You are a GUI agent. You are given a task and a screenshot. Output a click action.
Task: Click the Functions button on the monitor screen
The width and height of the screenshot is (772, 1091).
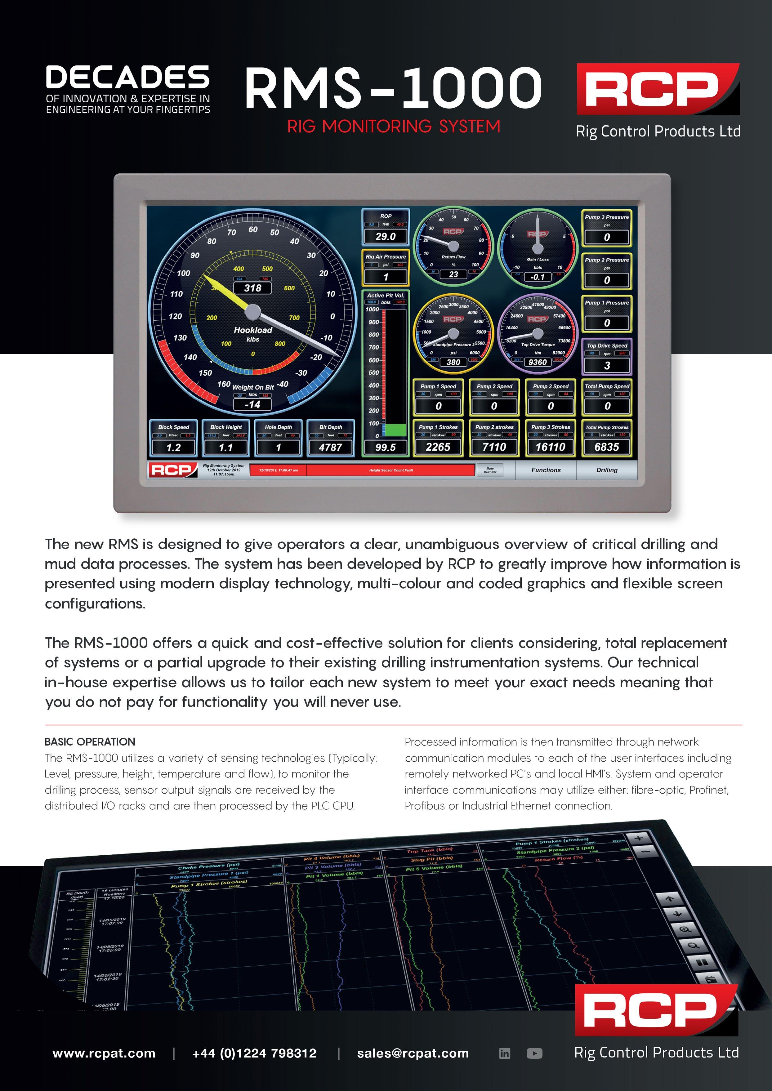pyautogui.click(x=546, y=470)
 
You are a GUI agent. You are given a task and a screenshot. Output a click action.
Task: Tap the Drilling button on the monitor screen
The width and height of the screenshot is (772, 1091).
pyautogui.click(x=607, y=470)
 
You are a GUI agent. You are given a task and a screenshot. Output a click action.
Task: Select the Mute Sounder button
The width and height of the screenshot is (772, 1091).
pyautogui.click(x=490, y=470)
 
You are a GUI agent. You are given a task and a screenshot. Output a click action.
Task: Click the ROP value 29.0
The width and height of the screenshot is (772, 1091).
pyautogui.click(x=386, y=237)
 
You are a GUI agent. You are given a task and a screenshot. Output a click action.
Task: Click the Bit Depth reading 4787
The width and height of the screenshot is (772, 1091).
pyautogui.click(x=330, y=447)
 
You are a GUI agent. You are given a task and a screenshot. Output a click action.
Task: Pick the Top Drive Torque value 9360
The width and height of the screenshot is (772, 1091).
pyautogui.click(x=537, y=362)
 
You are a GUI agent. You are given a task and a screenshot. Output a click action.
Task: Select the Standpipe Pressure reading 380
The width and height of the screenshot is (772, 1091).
pyautogui.click(x=453, y=362)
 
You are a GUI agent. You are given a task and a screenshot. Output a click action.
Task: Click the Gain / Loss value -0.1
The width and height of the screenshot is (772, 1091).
pyautogui.click(x=537, y=277)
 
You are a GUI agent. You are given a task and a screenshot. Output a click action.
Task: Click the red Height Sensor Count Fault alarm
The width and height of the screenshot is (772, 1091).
pyautogui.click(x=391, y=470)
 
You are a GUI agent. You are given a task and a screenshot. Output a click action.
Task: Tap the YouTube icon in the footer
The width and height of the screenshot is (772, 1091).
pyautogui.click(x=534, y=1053)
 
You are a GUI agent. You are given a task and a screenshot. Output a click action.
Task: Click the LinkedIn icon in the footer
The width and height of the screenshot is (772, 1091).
pyautogui.click(x=504, y=1053)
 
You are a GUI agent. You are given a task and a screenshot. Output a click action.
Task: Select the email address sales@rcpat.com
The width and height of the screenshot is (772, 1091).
pyautogui.click(x=413, y=1053)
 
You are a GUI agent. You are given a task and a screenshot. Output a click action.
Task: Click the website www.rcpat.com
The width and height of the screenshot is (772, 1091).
pyautogui.click(x=104, y=1053)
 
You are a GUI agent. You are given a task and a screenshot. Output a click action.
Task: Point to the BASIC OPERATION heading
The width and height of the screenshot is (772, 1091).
pyautogui.click(x=90, y=742)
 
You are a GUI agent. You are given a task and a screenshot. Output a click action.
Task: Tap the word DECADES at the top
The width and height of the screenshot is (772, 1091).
pyautogui.click(x=127, y=78)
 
